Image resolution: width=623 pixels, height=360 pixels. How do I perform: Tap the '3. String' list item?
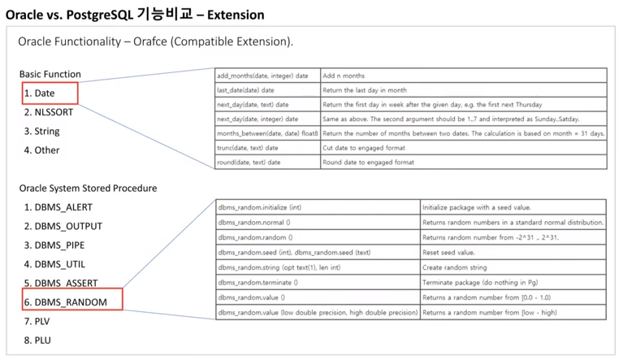(x=41, y=131)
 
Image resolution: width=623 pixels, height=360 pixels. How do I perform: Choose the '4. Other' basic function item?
(x=41, y=150)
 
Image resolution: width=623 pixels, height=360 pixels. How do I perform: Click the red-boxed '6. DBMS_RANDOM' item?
(x=71, y=301)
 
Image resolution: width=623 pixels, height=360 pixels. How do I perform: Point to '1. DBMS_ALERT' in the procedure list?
(x=63, y=207)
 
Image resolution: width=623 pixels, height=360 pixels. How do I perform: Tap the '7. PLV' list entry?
(x=37, y=321)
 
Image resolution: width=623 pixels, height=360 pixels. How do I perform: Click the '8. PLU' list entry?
(x=37, y=340)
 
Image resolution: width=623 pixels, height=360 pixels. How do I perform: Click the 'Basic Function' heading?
(x=50, y=74)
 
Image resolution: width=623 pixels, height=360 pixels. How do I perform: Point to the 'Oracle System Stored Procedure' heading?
(x=89, y=188)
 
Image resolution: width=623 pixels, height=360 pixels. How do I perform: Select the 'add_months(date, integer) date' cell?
(x=262, y=76)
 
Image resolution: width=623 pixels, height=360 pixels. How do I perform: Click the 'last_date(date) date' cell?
(x=249, y=90)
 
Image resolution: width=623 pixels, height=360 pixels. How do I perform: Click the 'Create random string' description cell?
(x=456, y=267)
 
